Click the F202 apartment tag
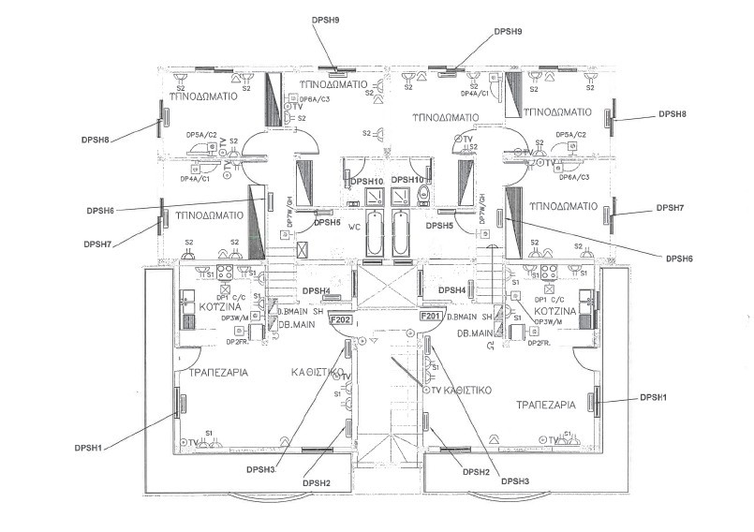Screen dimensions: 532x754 340,318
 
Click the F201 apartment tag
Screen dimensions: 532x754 430,318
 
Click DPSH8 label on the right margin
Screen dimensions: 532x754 672,114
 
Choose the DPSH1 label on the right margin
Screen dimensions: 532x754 654,398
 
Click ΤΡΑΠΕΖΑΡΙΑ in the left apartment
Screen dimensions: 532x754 218,373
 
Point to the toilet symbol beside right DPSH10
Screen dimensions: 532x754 423,195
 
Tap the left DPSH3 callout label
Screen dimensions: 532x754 260,468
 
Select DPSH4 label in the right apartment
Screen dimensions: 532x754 452,290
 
